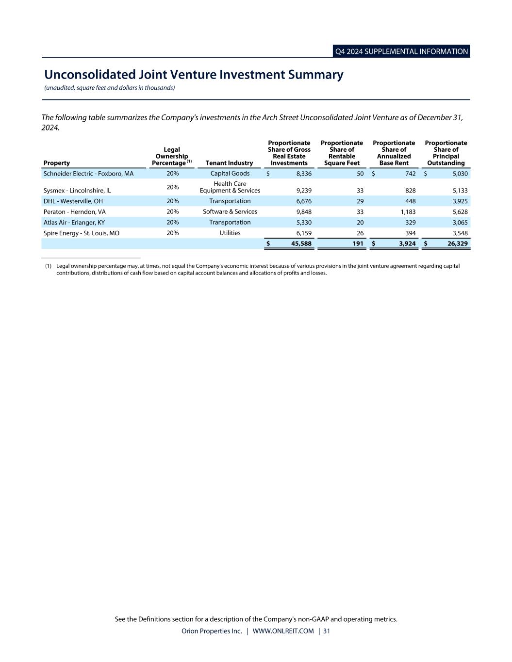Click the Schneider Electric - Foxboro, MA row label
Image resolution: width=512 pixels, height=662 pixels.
tap(88, 174)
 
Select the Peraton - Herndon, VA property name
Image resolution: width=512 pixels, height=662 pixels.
tap(74, 212)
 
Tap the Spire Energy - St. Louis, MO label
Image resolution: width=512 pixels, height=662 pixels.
tap(81, 233)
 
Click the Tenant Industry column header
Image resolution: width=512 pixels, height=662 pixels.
tap(229, 163)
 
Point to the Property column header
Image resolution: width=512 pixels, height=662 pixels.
tap(56, 163)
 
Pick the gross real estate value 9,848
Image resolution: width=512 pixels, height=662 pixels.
tap(304, 212)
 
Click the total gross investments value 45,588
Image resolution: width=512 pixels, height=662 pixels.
tap(301, 243)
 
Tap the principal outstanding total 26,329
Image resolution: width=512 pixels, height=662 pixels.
tap(457, 243)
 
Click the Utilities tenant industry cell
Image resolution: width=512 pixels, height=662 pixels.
tap(230, 233)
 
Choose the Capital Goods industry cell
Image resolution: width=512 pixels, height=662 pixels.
tap(230, 174)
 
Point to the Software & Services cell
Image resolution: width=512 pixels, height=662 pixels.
tap(230, 212)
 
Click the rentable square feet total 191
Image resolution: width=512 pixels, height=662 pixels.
tap(358, 243)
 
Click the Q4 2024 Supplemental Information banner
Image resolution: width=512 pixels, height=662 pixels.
tap(401, 51)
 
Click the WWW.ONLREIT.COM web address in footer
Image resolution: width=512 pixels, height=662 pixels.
tap(283, 631)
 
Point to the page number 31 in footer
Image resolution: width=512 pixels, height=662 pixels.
tap(326, 631)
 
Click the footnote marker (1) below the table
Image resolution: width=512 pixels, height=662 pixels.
tap(48, 266)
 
